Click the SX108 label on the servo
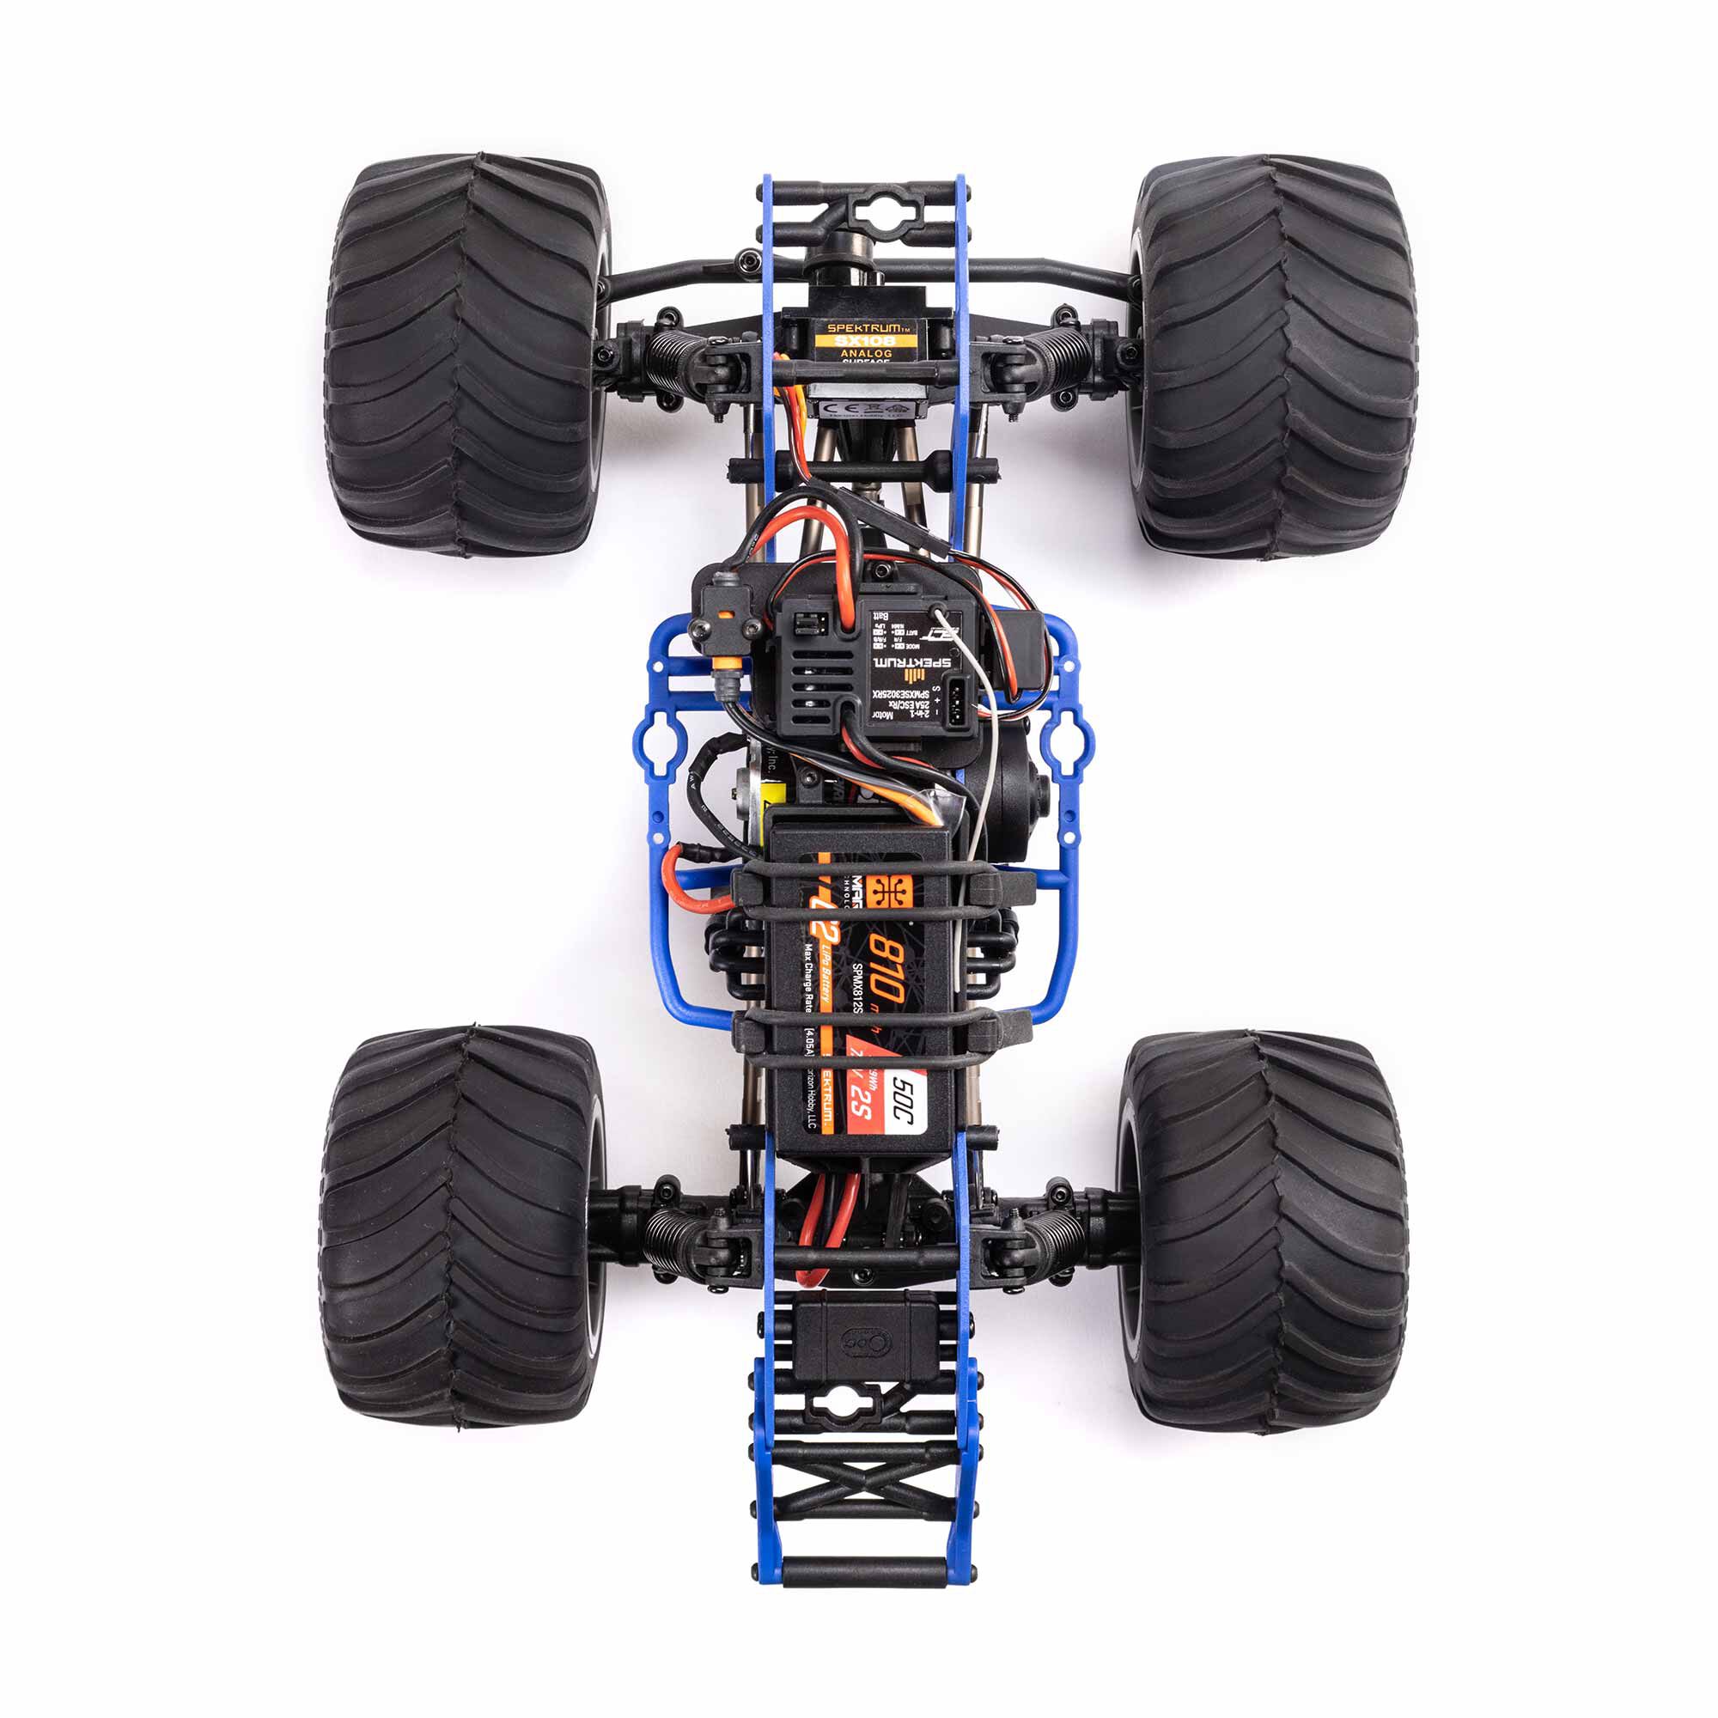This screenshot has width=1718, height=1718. pyautogui.click(x=858, y=340)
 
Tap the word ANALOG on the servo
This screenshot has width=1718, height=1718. pyautogui.click(x=858, y=354)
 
